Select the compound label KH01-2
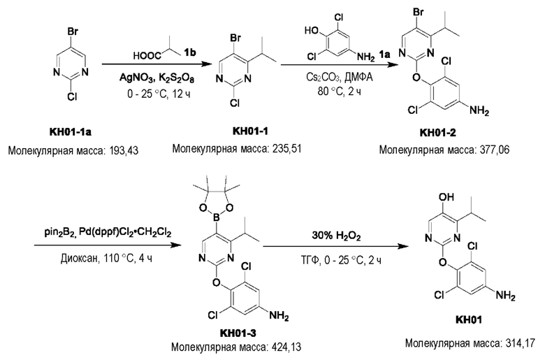(437, 133)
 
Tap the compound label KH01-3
(238, 333)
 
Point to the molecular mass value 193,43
(124, 151)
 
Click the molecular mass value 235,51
(287, 149)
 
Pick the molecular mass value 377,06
(495, 150)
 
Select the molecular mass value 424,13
(286, 347)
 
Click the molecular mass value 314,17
(521, 343)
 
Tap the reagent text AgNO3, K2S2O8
(157, 78)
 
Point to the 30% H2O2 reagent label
(336, 236)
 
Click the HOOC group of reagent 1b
(147, 56)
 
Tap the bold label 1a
(384, 54)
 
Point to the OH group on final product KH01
(446, 197)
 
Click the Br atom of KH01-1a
(72, 32)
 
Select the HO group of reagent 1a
(312, 31)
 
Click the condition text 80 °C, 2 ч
(340, 92)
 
